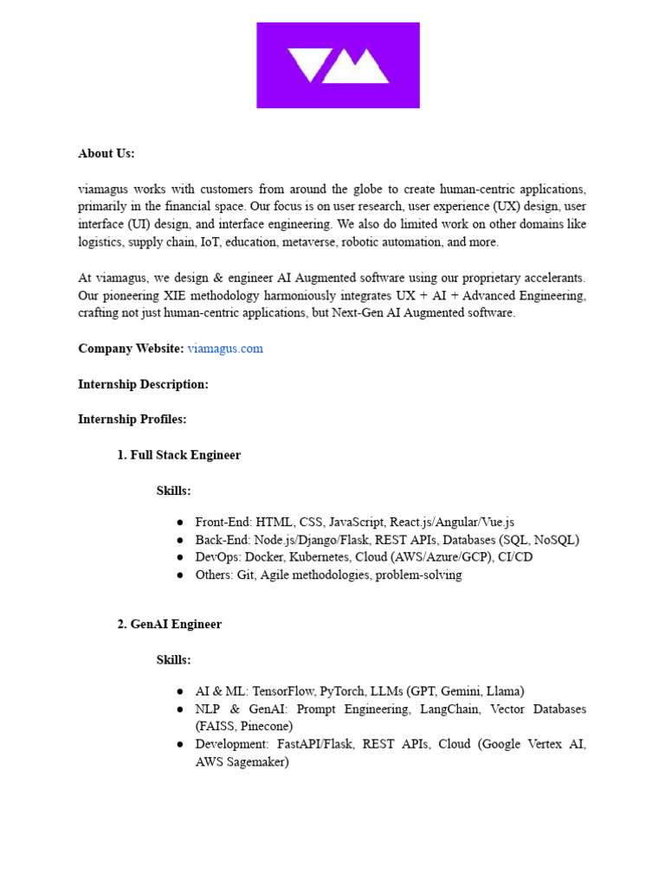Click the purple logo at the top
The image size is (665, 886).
coord(338,65)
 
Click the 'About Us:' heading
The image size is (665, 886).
coord(107,153)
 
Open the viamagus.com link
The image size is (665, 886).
coord(225,349)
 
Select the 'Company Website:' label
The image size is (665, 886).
coord(131,349)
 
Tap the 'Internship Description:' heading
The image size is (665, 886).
coord(143,384)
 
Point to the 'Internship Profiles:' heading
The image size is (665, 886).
coord(132,420)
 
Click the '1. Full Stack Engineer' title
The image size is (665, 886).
coord(179,455)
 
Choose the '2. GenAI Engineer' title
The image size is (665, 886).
coord(170,625)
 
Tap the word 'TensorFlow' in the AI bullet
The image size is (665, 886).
coord(283,691)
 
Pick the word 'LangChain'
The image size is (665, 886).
coord(449,709)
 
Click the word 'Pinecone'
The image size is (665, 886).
coord(267,726)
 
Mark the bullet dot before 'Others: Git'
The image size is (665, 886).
coord(179,575)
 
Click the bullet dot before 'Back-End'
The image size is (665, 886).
coord(179,540)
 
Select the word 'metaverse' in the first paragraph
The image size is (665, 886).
coord(307,242)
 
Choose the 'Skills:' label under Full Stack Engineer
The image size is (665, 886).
coord(173,491)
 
